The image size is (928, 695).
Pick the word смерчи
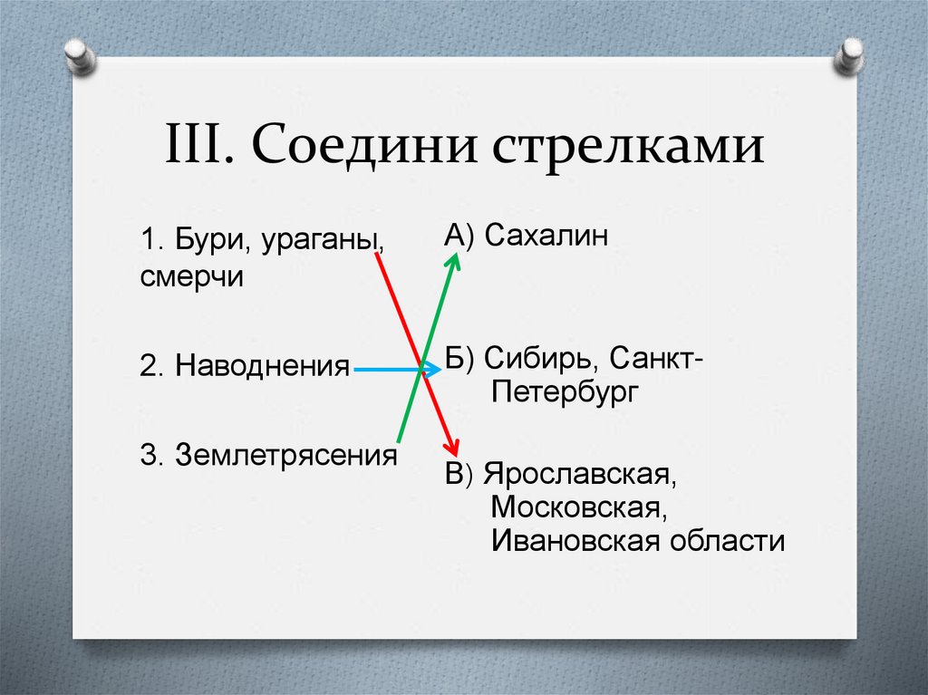click(192, 276)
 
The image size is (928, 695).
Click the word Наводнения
click(262, 366)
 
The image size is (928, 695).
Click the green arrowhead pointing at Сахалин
click(454, 261)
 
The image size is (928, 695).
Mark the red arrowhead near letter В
click(450, 447)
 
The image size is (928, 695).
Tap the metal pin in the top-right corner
click(848, 57)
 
